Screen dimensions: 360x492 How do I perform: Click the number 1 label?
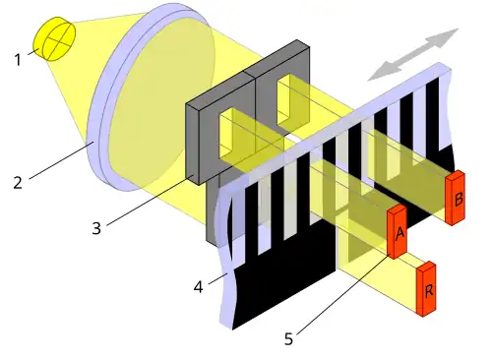click(x=18, y=60)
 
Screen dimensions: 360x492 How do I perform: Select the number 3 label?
click(x=96, y=229)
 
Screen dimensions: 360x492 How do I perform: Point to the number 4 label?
click(x=199, y=288)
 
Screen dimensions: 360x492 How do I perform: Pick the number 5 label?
click(x=288, y=339)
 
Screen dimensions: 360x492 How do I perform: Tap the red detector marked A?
click(x=398, y=232)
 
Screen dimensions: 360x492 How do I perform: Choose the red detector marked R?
click(x=427, y=289)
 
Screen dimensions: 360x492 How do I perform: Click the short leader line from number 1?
click(x=32, y=53)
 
